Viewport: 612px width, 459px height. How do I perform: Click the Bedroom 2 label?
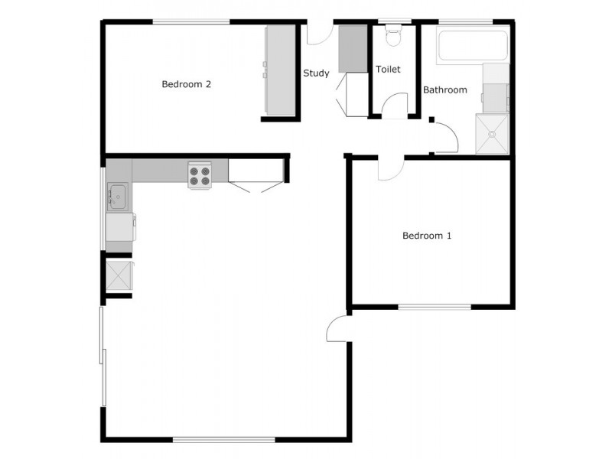click(186, 84)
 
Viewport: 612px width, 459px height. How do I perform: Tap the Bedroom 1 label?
click(427, 236)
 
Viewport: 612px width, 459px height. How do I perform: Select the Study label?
click(316, 73)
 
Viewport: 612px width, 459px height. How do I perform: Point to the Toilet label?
click(388, 69)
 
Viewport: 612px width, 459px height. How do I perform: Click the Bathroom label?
click(445, 90)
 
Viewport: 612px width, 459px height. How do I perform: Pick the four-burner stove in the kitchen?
click(200, 176)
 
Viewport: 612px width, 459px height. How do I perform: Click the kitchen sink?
click(118, 197)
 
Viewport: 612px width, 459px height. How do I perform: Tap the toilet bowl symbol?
click(394, 36)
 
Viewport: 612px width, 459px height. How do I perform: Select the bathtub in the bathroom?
click(471, 47)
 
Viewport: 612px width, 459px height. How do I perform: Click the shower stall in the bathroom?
click(492, 133)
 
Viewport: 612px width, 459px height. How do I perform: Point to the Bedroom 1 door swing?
click(389, 169)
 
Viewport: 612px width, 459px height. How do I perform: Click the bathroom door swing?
click(446, 138)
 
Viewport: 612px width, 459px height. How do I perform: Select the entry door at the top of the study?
click(319, 34)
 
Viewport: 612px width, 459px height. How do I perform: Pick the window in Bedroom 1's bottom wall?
click(434, 307)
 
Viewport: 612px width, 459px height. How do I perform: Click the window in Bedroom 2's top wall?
click(190, 21)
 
